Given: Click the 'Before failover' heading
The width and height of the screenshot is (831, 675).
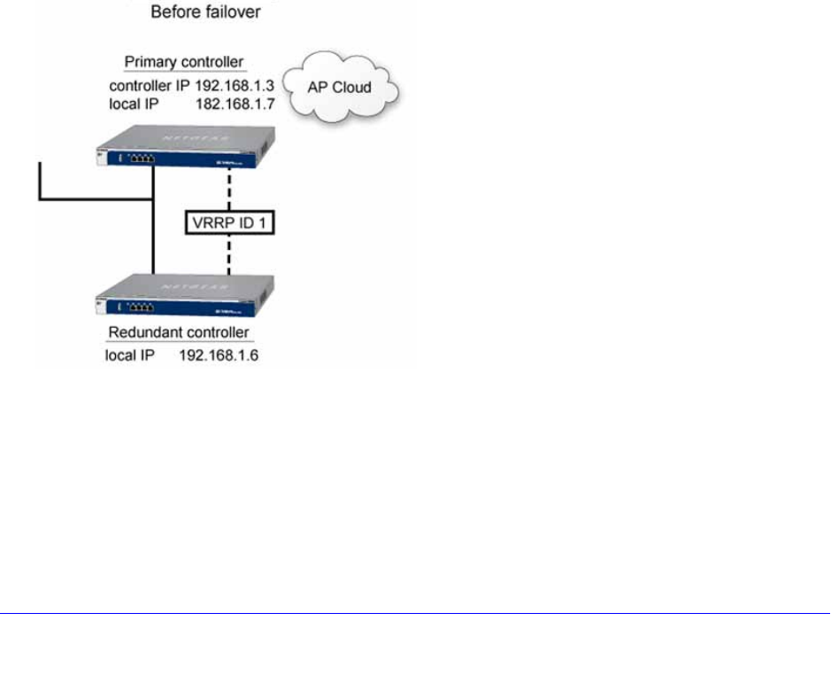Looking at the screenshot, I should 207,13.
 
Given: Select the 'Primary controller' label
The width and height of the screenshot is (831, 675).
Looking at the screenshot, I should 184,64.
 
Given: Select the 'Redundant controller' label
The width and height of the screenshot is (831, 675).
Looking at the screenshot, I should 179,333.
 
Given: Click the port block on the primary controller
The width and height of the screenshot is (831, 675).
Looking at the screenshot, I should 139,159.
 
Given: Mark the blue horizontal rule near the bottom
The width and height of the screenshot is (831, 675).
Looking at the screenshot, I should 415,612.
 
